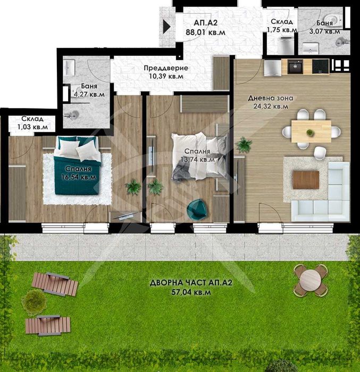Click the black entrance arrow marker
point(166,27)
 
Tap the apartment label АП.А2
point(205,23)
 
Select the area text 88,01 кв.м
point(205,32)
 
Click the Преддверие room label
point(166,68)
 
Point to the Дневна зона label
point(271,98)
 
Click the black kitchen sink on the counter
point(295,66)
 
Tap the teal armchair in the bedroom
point(197,208)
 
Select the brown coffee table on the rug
point(306,180)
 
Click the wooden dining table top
point(311,131)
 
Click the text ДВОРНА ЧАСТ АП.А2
point(191,283)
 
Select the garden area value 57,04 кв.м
point(191,292)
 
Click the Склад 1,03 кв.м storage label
point(32,122)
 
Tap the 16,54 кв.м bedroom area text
point(79,177)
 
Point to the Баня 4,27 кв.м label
point(89,90)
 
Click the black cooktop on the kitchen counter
point(321,66)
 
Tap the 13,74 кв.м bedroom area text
point(197,160)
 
